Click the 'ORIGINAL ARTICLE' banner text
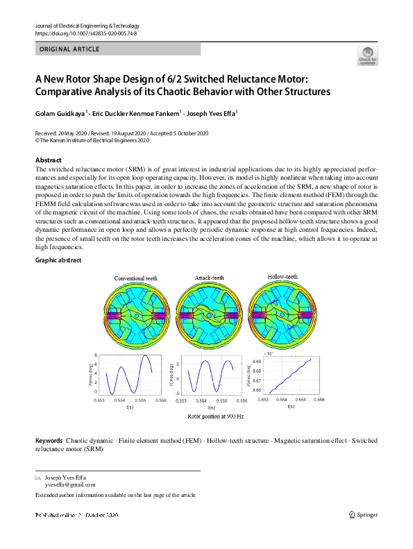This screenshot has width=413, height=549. pyautogui.click(x=69, y=49)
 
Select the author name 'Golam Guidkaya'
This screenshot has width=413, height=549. pyautogui.click(x=59, y=112)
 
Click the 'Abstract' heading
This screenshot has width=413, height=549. pyautogui.click(x=48, y=160)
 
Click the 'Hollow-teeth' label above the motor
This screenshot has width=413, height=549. pyautogui.click(x=283, y=277)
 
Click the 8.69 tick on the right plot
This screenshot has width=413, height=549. pyautogui.click(x=257, y=362)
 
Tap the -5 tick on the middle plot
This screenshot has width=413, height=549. pyautogui.click(x=179, y=393)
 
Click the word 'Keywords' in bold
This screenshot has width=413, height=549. pyautogui.click(x=49, y=441)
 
